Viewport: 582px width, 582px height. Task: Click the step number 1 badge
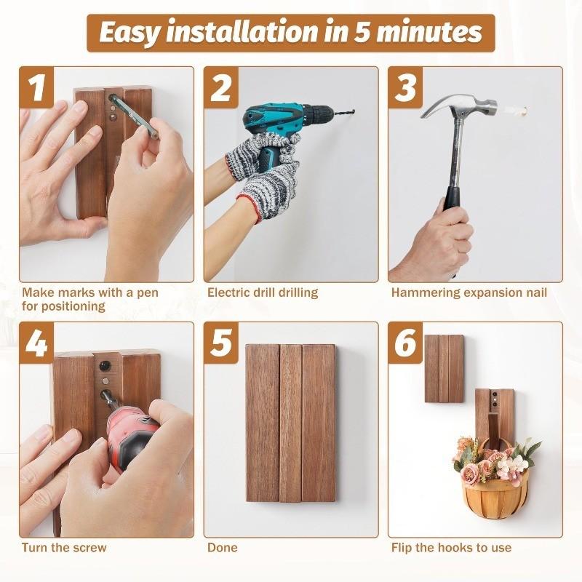pos(37,87)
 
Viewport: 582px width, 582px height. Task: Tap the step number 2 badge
pos(221,87)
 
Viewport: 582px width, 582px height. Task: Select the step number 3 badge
pos(406,87)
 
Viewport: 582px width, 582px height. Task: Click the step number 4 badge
pos(37,343)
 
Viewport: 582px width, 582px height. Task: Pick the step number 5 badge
pos(221,343)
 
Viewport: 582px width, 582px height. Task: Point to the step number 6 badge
pos(406,343)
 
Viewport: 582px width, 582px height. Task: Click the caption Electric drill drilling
pos(263,293)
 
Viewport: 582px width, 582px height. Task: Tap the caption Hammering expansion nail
pos(469,293)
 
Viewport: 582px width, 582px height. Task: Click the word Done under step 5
pos(223,548)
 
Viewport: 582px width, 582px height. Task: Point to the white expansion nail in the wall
pos(518,111)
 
